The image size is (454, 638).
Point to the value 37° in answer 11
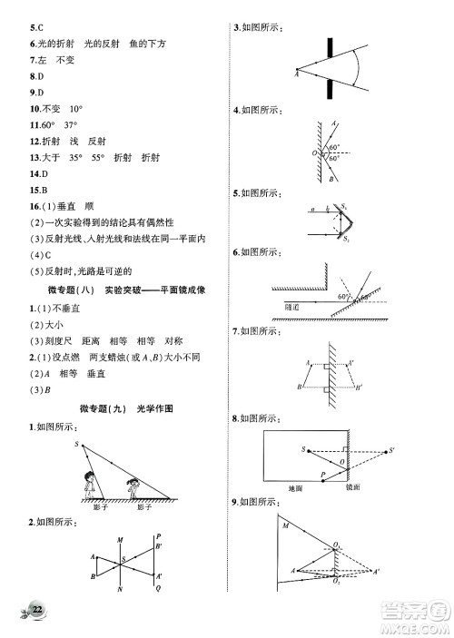tap(70, 124)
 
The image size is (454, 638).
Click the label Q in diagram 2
tap(157, 588)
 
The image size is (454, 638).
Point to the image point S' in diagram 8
tap(391, 449)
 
